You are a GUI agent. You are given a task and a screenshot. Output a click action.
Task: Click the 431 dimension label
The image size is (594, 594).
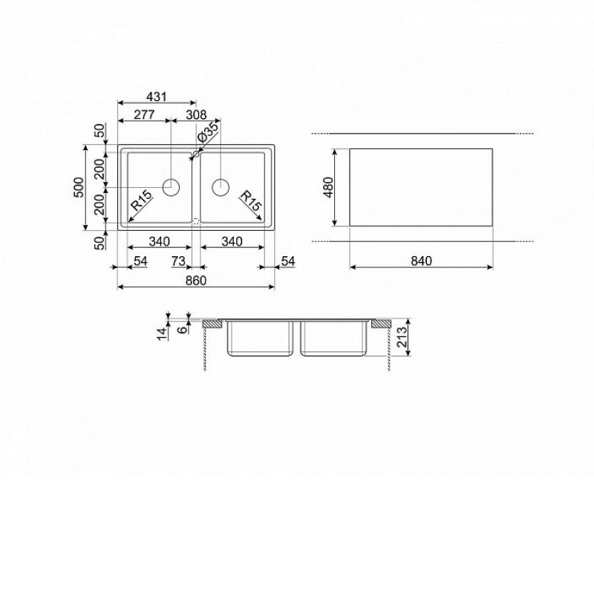click(157, 97)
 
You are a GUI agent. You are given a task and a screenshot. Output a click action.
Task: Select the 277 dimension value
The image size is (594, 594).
click(144, 114)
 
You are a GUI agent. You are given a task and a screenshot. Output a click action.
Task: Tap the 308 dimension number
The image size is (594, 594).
click(196, 114)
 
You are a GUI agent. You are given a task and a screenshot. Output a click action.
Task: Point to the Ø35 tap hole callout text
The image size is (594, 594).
click(208, 131)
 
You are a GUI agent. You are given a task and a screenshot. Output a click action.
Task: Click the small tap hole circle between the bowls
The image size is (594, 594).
click(196, 154)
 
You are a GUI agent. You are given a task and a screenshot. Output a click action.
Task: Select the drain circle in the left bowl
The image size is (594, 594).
click(171, 187)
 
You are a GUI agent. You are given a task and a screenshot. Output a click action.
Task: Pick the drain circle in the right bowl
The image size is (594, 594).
click(221, 187)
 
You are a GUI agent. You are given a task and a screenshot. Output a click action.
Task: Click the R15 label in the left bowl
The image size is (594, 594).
click(141, 200)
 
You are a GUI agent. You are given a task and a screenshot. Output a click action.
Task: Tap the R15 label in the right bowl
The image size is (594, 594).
click(250, 200)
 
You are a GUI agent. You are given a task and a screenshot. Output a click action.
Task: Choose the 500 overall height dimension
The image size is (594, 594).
click(79, 187)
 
